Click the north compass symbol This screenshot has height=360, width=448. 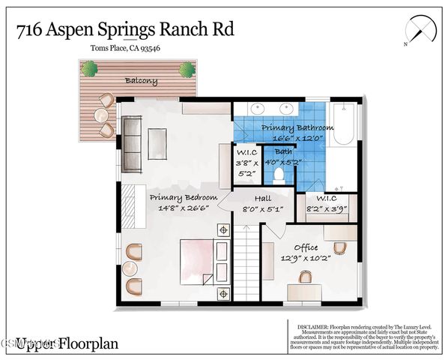coord(420,30)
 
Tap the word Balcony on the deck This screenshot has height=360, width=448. coord(141,80)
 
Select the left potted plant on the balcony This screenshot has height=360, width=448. coord(90,69)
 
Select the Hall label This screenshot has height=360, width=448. coord(261,198)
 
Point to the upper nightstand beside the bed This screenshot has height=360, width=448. coord(222,229)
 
